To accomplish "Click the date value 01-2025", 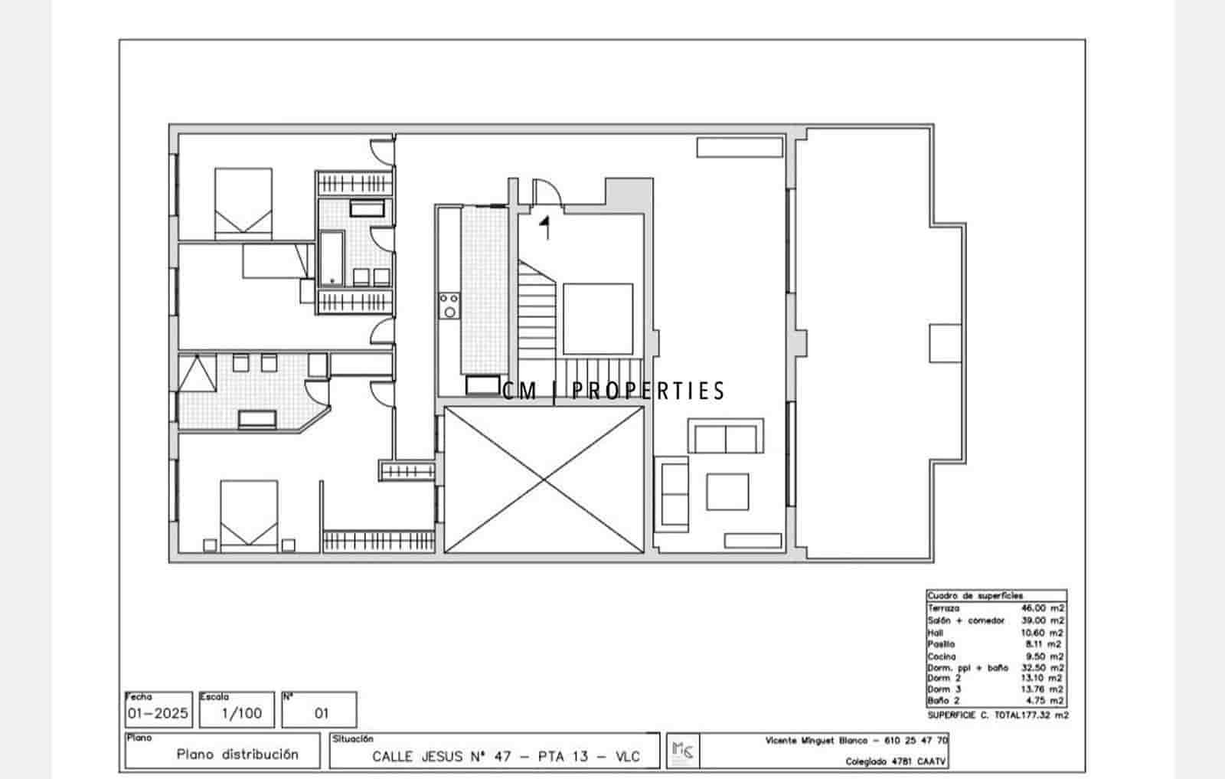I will (x=158, y=713).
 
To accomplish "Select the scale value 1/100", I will (x=242, y=713).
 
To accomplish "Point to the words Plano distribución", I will (x=237, y=754).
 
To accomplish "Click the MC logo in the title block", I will (x=682, y=751).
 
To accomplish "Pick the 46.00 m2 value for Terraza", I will (x=1042, y=608).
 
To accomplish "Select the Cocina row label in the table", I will (x=942, y=656).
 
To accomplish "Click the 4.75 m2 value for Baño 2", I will (x=1044, y=700).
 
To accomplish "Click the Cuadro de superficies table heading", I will (x=975, y=595).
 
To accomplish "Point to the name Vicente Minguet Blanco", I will (x=816, y=741).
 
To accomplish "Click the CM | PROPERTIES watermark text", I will (x=613, y=391).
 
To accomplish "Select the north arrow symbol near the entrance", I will (x=546, y=227).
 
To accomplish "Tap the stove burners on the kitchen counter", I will (x=449, y=305).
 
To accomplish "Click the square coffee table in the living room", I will (x=727, y=491).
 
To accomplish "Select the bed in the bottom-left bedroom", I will (x=249, y=515).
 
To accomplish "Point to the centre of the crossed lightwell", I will (x=544, y=480).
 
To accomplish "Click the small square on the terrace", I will (x=946, y=343).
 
